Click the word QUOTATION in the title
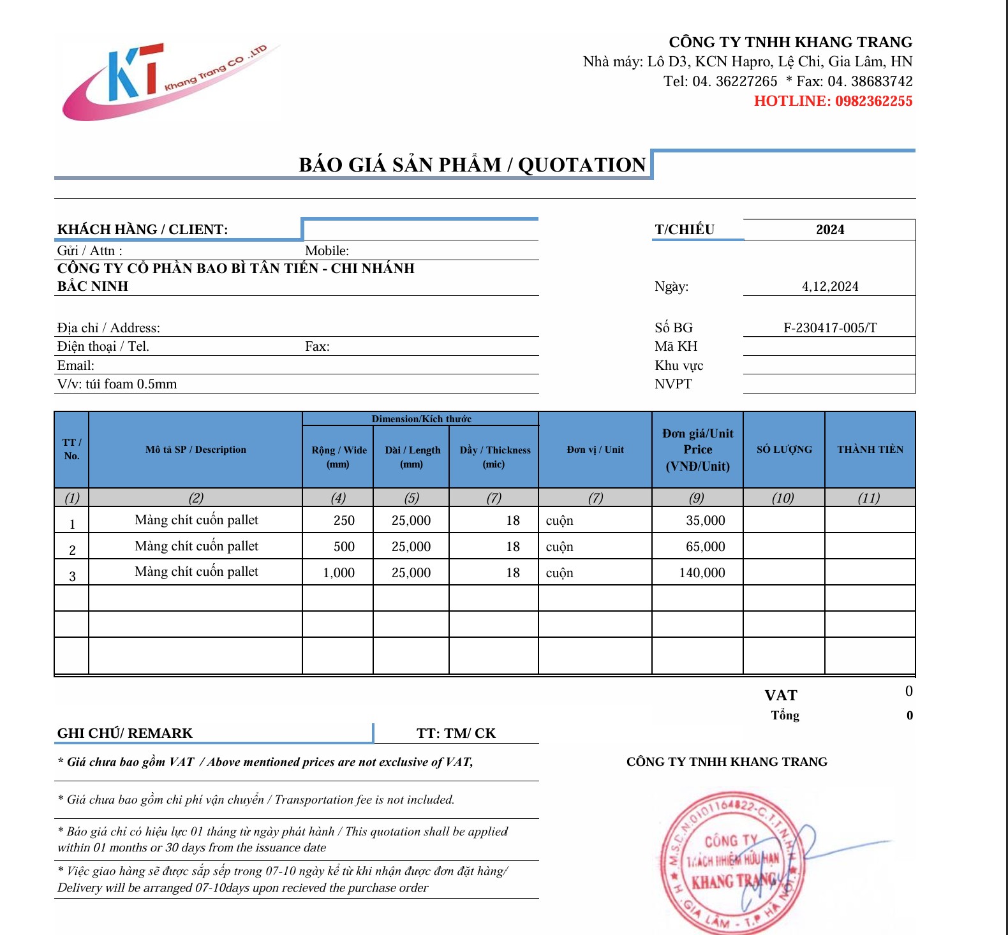[x=582, y=165]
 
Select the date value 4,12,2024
[x=829, y=286]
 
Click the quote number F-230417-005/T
[x=829, y=328]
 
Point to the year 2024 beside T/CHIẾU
[x=829, y=230]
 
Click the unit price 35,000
[x=705, y=520]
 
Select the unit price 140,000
[x=702, y=573]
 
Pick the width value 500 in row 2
[x=344, y=547]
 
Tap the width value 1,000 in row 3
[x=339, y=573]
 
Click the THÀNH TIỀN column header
[x=870, y=450]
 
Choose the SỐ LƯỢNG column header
[x=784, y=450]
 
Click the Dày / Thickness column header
[x=494, y=457]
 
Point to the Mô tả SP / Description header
[x=195, y=450]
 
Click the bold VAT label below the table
[x=781, y=695]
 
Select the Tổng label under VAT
[x=785, y=716]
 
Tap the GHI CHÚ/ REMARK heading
[x=125, y=733]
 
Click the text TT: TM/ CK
[x=456, y=733]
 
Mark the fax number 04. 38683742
[x=870, y=82]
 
